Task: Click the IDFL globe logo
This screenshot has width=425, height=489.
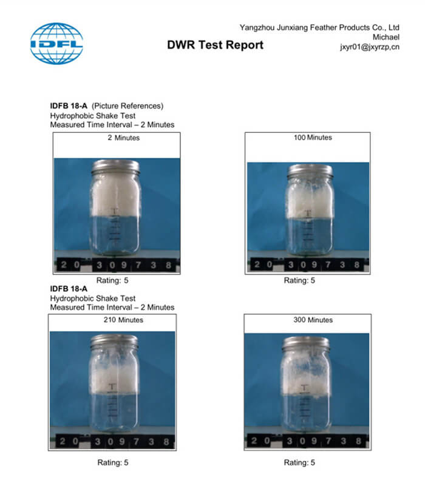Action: point(56,43)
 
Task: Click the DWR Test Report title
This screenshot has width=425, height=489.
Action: point(216,45)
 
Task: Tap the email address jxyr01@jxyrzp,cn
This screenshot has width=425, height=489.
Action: point(370,47)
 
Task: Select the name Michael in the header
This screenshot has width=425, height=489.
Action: point(386,37)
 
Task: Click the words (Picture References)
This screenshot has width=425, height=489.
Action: point(127,106)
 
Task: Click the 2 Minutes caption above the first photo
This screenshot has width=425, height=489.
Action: point(124,138)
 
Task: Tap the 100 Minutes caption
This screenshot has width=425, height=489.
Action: point(313,138)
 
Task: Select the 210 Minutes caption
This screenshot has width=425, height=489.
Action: point(124,320)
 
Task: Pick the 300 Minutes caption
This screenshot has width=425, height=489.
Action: point(313,320)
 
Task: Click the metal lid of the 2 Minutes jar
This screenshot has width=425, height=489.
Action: point(115,167)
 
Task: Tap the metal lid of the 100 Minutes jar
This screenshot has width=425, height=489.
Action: point(310,171)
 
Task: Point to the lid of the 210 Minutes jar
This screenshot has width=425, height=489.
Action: point(114,342)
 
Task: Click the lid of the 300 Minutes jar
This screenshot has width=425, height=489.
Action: point(306,344)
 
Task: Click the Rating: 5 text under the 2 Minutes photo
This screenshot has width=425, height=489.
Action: point(112,280)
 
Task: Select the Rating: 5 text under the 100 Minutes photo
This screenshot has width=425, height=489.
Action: point(299,280)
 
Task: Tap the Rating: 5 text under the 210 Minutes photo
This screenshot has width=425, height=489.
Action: point(113,462)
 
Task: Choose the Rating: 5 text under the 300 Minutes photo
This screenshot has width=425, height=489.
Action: point(299,462)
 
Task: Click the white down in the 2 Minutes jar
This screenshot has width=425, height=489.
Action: point(115,195)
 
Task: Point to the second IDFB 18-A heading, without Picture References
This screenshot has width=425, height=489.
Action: point(69,289)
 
